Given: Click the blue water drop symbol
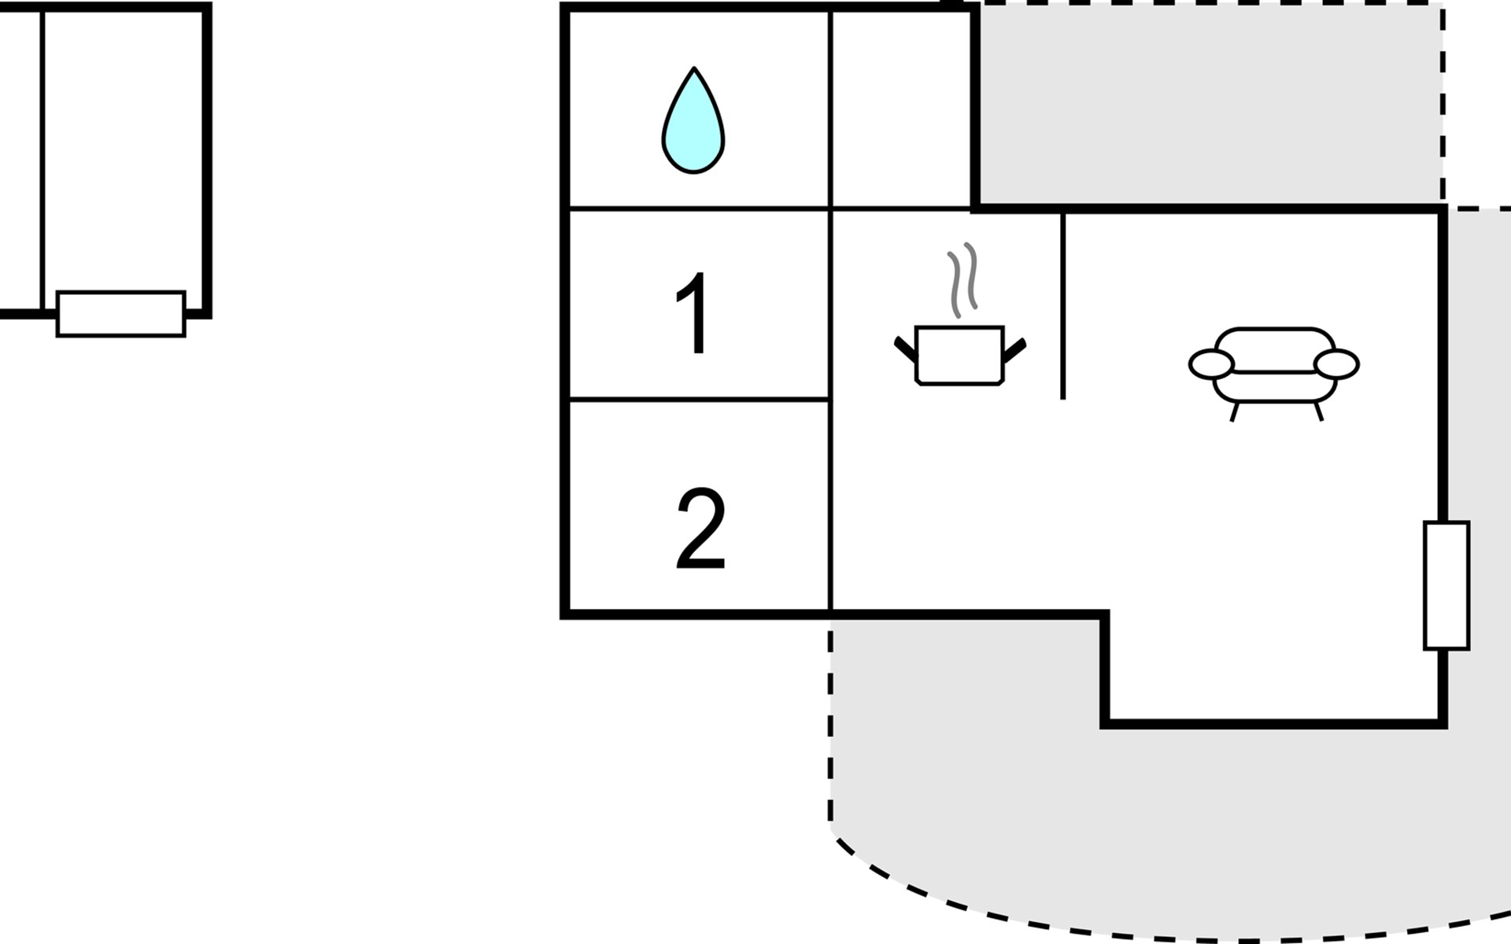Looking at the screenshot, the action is pyautogui.click(x=693, y=120).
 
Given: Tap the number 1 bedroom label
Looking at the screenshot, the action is pyautogui.click(x=694, y=314).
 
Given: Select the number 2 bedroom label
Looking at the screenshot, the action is pyautogui.click(x=700, y=529).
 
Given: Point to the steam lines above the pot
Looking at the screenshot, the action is pyautogui.click(x=962, y=280).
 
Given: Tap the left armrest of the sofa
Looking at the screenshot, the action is pyautogui.click(x=1211, y=365).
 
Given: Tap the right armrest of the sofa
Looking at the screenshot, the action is pyautogui.click(x=1337, y=365).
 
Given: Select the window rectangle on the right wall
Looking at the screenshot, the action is pyautogui.click(x=1446, y=585).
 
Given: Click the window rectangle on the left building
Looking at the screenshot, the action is pyautogui.click(x=121, y=314).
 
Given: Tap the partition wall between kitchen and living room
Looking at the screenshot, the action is pyautogui.click(x=1063, y=305).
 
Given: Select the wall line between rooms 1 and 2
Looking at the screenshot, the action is pyautogui.click(x=699, y=400).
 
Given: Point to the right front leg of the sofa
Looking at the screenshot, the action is pyautogui.click(x=1319, y=411).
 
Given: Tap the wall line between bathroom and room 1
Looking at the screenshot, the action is pyautogui.click(x=699, y=208).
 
